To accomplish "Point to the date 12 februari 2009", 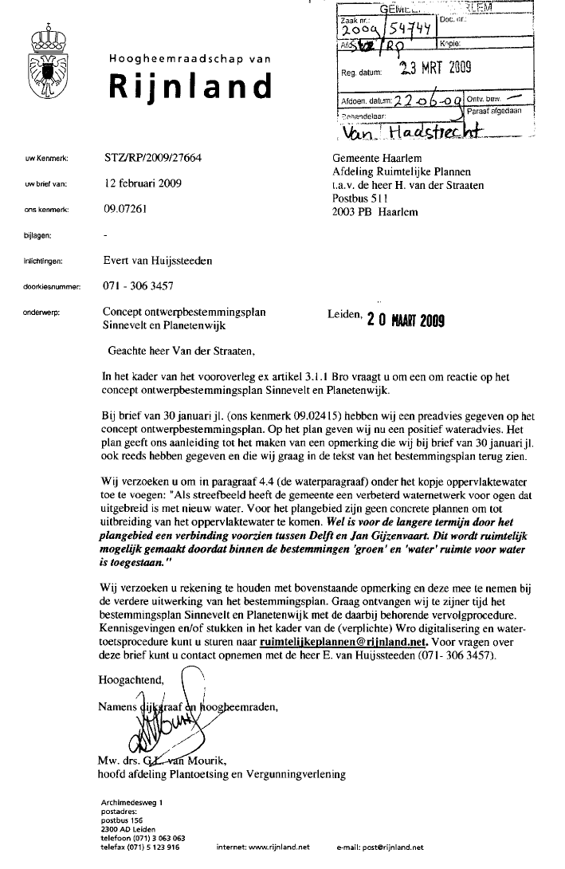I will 143,183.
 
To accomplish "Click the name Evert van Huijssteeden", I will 158,260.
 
